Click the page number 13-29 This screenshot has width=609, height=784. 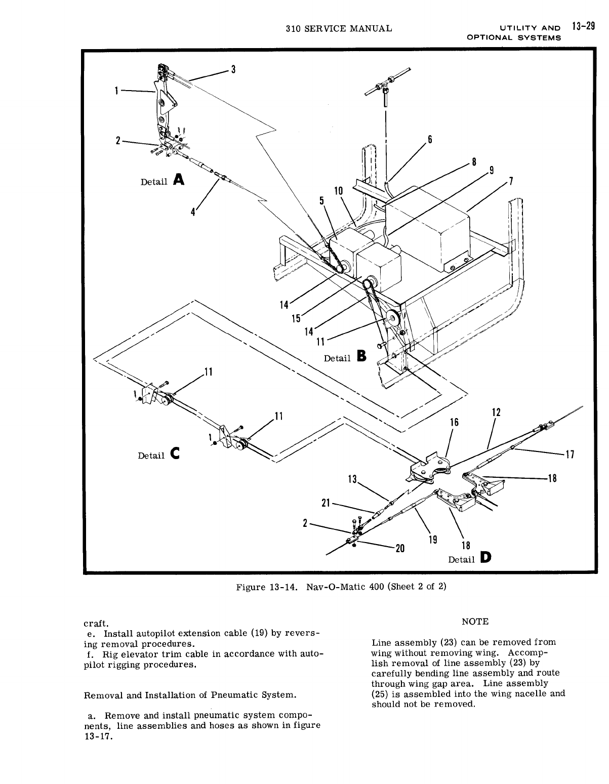tap(583, 27)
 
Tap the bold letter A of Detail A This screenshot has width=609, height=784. tap(178, 180)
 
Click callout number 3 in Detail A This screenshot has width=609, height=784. tap(234, 70)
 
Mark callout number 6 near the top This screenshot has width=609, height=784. tap(430, 140)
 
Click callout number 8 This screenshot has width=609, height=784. tap(474, 162)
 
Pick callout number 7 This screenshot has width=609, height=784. tap(511, 181)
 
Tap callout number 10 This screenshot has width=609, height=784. tap(339, 190)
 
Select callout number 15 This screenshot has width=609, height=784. tap(296, 318)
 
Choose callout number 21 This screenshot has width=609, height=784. tap(326, 503)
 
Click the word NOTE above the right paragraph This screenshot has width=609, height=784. tap(475, 622)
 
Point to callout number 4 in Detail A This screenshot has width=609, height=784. tap(193, 212)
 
